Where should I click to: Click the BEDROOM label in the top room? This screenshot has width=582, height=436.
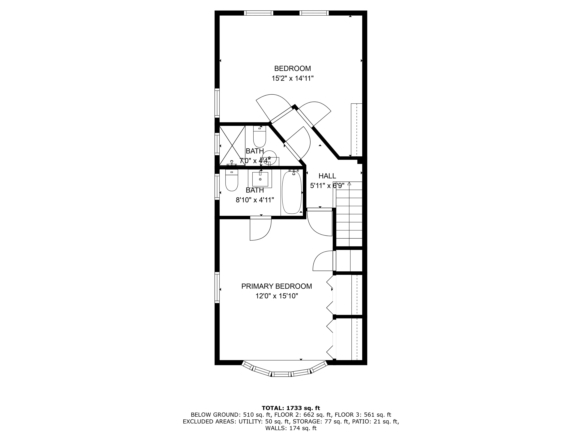click(x=292, y=69)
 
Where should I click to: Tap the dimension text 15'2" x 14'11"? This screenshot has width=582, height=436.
click(x=292, y=78)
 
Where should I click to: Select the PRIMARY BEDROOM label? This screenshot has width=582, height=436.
click(x=277, y=286)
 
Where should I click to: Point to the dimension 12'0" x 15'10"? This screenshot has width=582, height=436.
click(x=277, y=296)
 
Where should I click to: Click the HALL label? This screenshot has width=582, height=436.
click(x=327, y=176)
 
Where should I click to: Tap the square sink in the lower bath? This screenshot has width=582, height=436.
click(x=260, y=179)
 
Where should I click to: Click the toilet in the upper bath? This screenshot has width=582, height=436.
click(x=259, y=137)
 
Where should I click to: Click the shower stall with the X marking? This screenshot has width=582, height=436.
click(x=232, y=145)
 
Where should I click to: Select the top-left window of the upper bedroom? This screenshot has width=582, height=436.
click(x=258, y=13)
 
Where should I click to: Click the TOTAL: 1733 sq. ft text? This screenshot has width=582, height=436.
click(x=291, y=408)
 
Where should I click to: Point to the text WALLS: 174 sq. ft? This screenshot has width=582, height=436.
click(x=291, y=428)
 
